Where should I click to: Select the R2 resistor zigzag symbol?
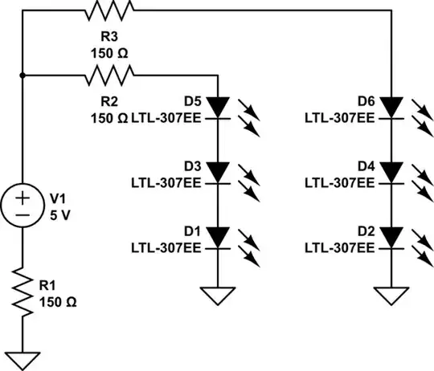109,76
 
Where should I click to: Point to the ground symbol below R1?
23,359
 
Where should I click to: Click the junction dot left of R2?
23,76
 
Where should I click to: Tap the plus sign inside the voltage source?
23,196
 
